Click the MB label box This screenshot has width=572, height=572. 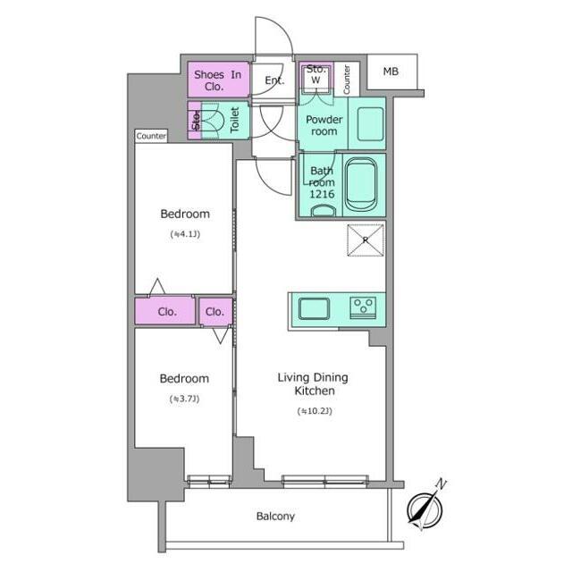pyautogui.click(x=391, y=71)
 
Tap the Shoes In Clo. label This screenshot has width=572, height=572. pyautogui.click(x=217, y=80)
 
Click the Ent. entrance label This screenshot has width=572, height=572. pyautogui.click(x=274, y=80)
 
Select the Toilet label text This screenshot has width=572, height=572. pyautogui.click(x=234, y=120)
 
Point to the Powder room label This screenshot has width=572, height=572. pyautogui.click(x=324, y=125)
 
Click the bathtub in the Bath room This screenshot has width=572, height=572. pyautogui.click(x=360, y=185)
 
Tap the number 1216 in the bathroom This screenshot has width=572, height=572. pyautogui.click(x=322, y=194)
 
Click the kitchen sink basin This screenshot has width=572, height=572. pyautogui.click(x=314, y=308)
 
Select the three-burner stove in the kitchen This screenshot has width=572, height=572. pyautogui.click(x=364, y=307)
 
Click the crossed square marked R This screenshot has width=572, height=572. pyautogui.click(x=366, y=240)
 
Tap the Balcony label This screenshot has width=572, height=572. pyautogui.click(x=275, y=517)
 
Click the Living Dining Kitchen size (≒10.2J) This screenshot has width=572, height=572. pyautogui.click(x=315, y=411)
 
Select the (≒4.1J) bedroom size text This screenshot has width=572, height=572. pyautogui.click(x=185, y=234)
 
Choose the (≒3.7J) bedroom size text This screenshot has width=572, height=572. pyautogui.click(x=185, y=400)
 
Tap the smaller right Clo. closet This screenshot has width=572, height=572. pyautogui.click(x=216, y=312)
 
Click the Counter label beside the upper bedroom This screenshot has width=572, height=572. pyautogui.click(x=151, y=136)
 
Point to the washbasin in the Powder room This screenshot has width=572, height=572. pyautogui.click(x=370, y=124)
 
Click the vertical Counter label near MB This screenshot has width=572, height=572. pyautogui.click(x=347, y=80)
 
